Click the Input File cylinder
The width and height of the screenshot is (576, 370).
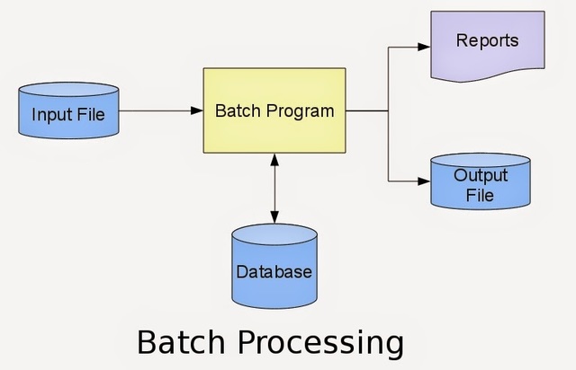tap(67, 114)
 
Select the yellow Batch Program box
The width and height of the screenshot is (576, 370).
tap(274, 110)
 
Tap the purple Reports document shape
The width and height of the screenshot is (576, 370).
tap(487, 45)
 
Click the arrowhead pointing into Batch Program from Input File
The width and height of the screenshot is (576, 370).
tap(197, 111)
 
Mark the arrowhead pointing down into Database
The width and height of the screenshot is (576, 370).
tap(274, 218)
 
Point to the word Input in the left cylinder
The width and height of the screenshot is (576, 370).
tap(49, 115)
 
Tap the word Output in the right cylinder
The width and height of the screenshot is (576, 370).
tap(480, 175)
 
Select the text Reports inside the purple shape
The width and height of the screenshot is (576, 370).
tap(487, 40)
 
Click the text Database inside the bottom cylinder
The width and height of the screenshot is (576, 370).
tap(274, 271)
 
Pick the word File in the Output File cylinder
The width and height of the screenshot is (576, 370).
tap(480, 194)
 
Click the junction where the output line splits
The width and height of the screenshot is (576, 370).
tap(388, 111)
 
